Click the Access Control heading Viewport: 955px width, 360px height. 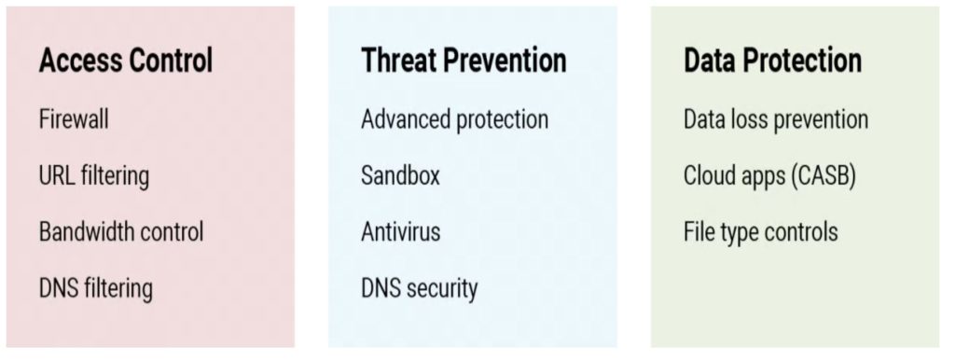tap(126, 61)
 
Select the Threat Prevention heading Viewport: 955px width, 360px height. tap(464, 61)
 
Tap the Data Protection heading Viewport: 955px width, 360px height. tap(773, 61)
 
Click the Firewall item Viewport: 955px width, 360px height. tap(74, 118)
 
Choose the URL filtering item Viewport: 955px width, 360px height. tap(94, 177)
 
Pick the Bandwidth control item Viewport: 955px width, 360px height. tap(121, 232)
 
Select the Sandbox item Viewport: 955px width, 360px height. tap(400, 176)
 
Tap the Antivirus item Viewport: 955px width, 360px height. tap(400, 232)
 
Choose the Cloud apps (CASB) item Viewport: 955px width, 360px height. tap(769, 176)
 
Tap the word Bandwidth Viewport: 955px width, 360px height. tap(82, 232)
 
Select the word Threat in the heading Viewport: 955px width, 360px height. tap(398, 61)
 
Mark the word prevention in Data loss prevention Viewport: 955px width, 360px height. tap(822, 120)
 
